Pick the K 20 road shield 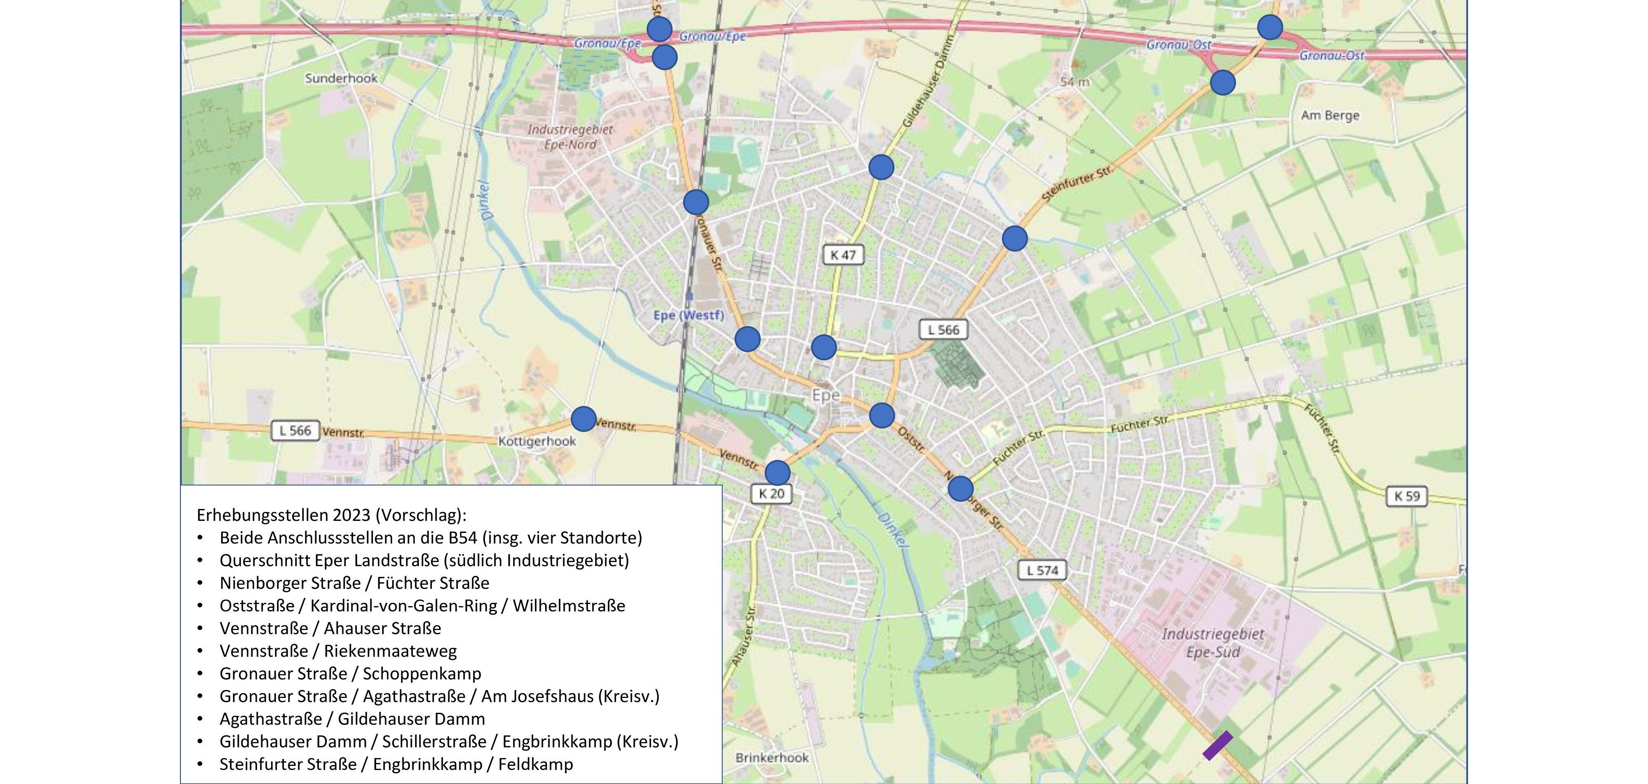pyautogui.click(x=771, y=494)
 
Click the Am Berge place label pyautogui.click(x=1330, y=116)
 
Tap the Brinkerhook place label pyautogui.click(x=772, y=758)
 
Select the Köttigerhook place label pyautogui.click(x=537, y=441)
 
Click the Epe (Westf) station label pyautogui.click(x=688, y=315)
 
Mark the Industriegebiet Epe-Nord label pyautogui.click(x=570, y=137)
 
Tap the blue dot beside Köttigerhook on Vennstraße pyautogui.click(x=583, y=420)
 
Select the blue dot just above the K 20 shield pyautogui.click(x=777, y=473)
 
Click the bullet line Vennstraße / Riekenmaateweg pyautogui.click(x=338, y=651)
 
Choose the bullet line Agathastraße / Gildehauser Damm pyautogui.click(x=352, y=719)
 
